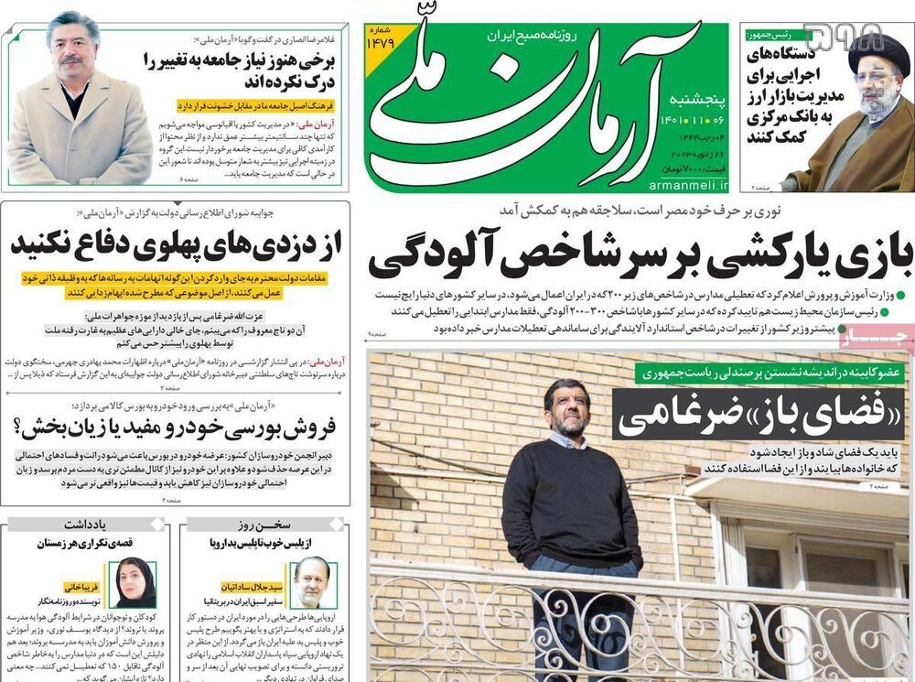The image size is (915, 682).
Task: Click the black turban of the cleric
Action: (877, 57)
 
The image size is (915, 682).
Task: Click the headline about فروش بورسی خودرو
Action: (177, 427)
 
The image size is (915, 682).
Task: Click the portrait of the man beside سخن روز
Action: (311, 582)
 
